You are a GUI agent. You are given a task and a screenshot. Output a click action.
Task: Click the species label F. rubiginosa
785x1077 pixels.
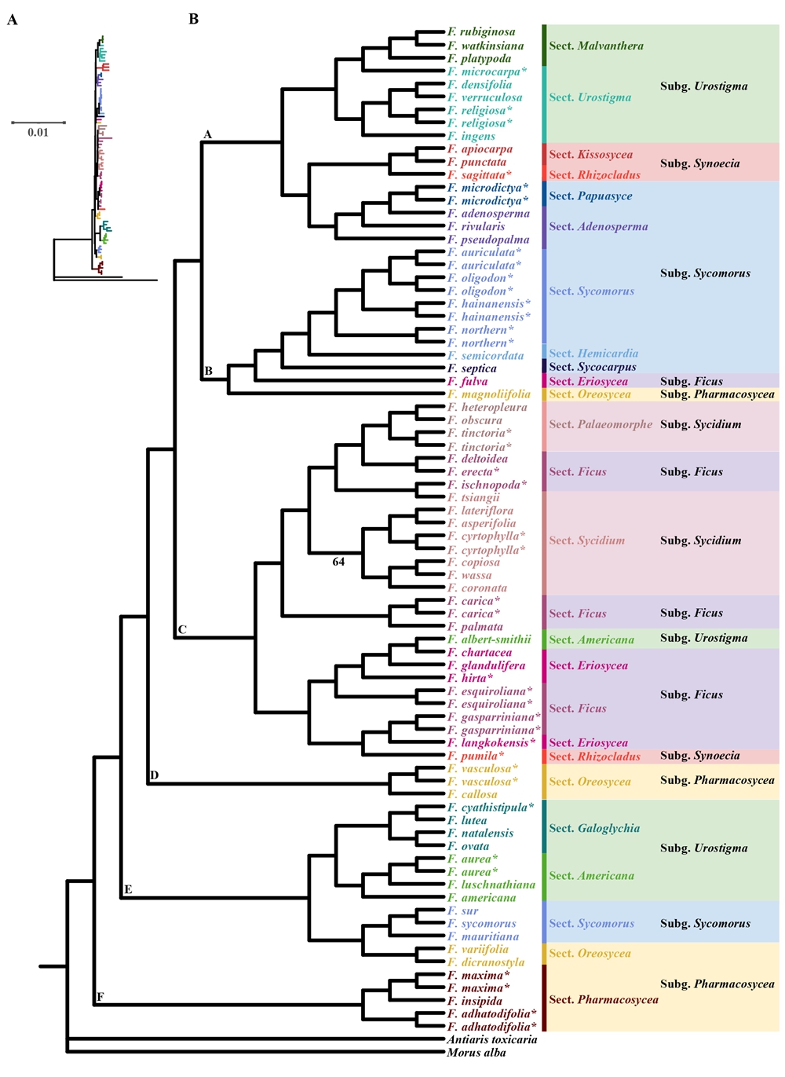(481, 32)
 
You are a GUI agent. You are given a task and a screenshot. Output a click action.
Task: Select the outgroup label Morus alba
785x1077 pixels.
(476, 1053)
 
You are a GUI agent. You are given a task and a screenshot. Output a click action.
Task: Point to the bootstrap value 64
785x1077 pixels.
(338, 562)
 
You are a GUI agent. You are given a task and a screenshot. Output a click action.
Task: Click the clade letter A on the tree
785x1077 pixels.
(207, 134)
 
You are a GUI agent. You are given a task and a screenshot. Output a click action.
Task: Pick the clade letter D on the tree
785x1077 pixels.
(154, 775)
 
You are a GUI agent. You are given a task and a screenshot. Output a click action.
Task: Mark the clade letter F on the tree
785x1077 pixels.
(100, 997)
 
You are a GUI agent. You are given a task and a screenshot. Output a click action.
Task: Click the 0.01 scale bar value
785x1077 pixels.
(38, 133)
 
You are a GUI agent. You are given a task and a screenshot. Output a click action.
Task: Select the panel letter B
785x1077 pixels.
(194, 19)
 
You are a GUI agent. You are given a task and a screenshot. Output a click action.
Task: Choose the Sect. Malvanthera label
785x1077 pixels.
(596, 46)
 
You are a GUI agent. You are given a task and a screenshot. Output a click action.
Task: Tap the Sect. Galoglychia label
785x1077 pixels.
(594, 828)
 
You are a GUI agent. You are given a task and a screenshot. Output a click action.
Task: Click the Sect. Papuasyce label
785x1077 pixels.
(590, 196)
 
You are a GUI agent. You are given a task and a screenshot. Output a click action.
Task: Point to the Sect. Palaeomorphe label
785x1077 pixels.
(601, 424)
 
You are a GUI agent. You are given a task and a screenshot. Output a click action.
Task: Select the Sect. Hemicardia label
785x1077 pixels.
(593, 354)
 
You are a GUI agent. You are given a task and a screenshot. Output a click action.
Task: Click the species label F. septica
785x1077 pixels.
(472, 368)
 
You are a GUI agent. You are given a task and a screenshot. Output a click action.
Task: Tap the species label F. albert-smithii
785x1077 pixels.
(489, 639)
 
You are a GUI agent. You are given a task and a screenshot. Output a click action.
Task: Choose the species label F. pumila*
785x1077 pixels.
(476, 756)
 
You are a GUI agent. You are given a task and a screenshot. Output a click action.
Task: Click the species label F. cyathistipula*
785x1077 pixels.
(491, 808)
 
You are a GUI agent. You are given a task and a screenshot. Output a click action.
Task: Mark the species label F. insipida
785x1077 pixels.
(475, 1001)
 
